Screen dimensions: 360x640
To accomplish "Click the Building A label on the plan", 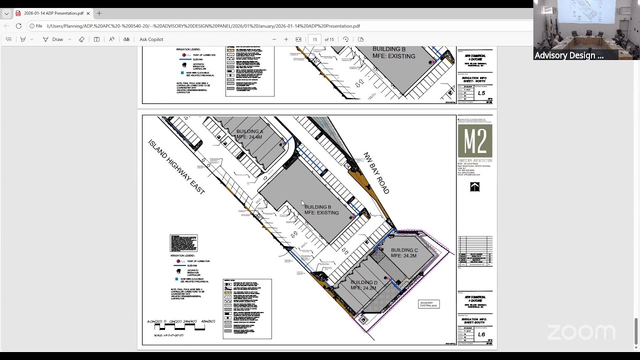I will pyautogui.click(x=249, y=134).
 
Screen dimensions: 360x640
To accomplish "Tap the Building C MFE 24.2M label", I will pyautogui.click(x=404, y=253).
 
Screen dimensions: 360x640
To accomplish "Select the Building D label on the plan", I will pyautogui.click(x=363, y=285).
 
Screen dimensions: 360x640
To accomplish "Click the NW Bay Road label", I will pyautogui.click(x=376, y=172).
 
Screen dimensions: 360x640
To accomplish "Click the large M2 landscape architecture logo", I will pyautogui.click(x=474, y=141).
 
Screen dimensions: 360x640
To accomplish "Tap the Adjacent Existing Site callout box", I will pyautogui.click(x=428, y=304).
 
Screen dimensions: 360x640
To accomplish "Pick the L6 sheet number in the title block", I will pyautogui.click(x=481, y=334).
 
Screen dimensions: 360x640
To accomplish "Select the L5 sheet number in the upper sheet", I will pyautogui.click(x=481, y=93).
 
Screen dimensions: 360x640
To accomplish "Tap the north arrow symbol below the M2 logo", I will pyautogui.click(x=474, y=187).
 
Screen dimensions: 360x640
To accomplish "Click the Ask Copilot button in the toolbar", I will pyautogui.click(x=151, y=39).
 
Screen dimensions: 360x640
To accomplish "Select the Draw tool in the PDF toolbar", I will pyautogui.click(x=53, y=39).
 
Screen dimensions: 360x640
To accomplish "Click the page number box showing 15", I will pyautogui.click(x=314, y=39).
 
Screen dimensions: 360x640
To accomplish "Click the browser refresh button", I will pyautogui.click(x=18, y=26).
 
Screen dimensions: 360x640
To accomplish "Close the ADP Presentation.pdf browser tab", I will pyautogui.click(x=88, y=13).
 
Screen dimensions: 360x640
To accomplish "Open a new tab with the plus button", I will pyautogui.click(x=99, y=13).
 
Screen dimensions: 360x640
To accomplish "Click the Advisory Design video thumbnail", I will pyautogui.click(x=586, y=30).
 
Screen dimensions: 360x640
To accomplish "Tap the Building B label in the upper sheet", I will pyautogui.click(x=393, y=52).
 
